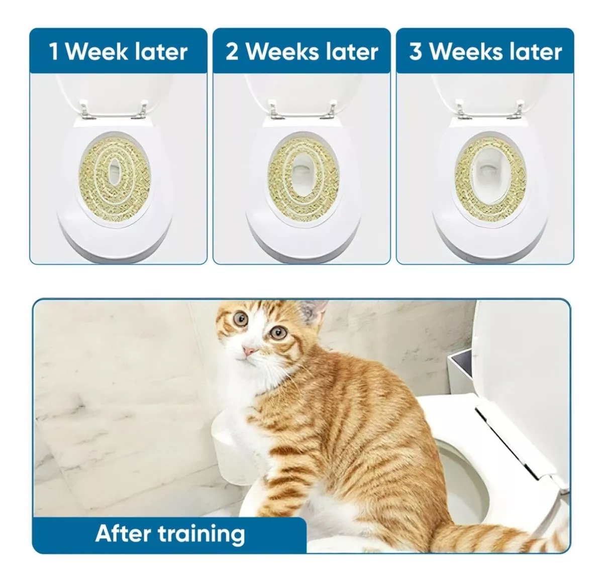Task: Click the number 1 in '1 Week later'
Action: (x=54, y=52)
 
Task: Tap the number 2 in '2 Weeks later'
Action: (x=232, y=51)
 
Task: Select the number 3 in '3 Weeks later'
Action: (x=416, y=51)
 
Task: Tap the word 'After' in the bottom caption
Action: (x=123, y=533)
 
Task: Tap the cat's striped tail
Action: (x=482, y=537)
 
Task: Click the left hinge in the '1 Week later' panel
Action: (x=89, y=110)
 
